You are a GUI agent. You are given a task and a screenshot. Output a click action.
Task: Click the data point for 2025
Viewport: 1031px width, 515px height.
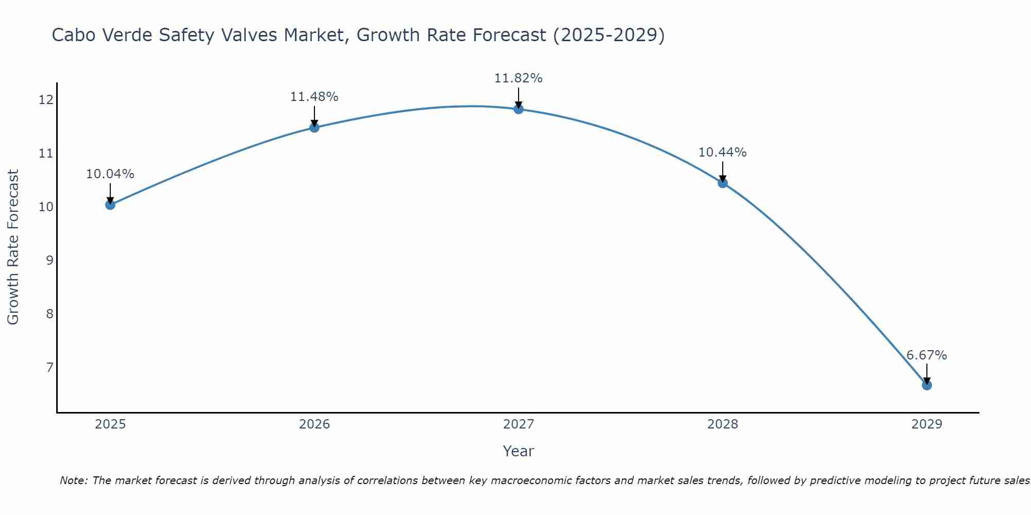110,205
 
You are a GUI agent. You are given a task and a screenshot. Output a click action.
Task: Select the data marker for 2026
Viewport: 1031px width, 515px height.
314,128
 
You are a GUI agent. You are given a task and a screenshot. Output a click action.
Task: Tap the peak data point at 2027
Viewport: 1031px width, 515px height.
519,109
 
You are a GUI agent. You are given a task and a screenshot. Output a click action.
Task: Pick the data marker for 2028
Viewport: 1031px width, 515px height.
723,183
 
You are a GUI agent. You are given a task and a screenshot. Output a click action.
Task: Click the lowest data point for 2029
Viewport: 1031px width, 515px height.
927,385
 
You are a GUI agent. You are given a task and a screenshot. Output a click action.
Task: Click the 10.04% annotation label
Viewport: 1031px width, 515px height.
110,174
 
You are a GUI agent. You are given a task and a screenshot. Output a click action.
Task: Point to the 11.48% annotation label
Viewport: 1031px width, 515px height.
314,97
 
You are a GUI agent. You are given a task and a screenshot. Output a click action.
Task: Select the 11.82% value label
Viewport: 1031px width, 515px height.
518,78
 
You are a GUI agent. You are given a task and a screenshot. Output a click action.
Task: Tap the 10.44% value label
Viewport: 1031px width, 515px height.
722,152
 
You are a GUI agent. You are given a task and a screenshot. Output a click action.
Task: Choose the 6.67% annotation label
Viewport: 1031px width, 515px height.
926,355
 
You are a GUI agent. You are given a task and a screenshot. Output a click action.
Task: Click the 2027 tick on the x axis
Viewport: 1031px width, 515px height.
519,424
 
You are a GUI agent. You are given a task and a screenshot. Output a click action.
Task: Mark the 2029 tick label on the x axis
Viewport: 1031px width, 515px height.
927,424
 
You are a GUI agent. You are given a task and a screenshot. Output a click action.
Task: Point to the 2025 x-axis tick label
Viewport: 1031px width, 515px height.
110,424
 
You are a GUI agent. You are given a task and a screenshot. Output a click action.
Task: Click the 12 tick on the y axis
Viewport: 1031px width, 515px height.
46,99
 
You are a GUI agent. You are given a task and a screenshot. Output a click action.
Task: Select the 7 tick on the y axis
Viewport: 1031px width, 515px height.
49,367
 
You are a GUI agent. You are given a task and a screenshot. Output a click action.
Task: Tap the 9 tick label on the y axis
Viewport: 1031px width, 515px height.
49,260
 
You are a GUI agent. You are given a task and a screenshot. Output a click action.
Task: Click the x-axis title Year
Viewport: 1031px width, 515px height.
518,451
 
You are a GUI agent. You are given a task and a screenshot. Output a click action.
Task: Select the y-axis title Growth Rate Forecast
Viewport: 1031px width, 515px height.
13,247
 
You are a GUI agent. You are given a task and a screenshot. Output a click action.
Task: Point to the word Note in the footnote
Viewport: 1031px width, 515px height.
73,480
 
